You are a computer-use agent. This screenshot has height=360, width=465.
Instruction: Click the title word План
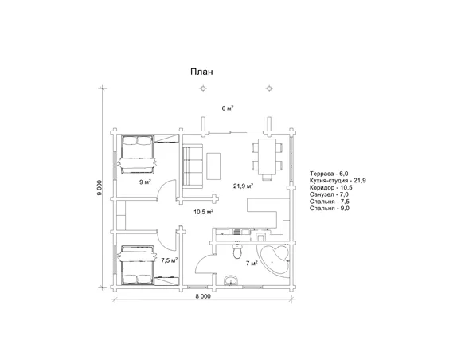pyautogui.click(x=201, y=72)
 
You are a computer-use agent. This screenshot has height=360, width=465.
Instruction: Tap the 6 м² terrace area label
pyautogui.click(x=228, y=108)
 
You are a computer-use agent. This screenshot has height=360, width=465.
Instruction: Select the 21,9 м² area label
pyautogui.click(x=243, y=186)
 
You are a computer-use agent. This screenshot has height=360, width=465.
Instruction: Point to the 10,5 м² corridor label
pyautogui.click(x=204, y=212)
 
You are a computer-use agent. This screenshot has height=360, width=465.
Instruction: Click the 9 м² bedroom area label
pyautogui.click(x=145, y=182)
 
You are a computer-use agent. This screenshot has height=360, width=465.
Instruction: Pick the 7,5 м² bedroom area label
pyautogui.click(x=170, y=260)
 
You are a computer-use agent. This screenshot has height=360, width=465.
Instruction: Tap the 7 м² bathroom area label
pyautogui.click(x=252, y=263)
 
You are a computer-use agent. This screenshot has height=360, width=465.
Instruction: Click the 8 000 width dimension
pyautogui.click(x=203, y=296)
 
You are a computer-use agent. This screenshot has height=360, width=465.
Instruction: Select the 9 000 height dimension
pyautogui.click(x=100, y=188)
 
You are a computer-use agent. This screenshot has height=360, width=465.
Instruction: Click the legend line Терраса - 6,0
pyautogui.click(x=329, y=174)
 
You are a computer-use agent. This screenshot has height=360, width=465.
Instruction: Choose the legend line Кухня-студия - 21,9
pyautogui.click(x=338, y=181)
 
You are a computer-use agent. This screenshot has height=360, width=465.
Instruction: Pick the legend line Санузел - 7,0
pyautogui.click(x=329, y=194)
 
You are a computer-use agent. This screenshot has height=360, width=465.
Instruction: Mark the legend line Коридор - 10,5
pyautogui.click(x=331, y=188)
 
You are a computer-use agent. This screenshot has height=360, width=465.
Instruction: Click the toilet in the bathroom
pyautogui.click(x=237, y=252)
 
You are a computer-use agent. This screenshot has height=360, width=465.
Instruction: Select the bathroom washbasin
pyautogui.click(x=231, y=280)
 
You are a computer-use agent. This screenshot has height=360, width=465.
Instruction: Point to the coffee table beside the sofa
pyautogui.click(x=213, y=166)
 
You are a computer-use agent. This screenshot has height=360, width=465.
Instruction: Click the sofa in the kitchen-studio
pyautogui.click(x=193, y=166)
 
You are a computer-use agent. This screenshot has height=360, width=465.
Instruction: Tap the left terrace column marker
pyautogui.click(x=203, y=88)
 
